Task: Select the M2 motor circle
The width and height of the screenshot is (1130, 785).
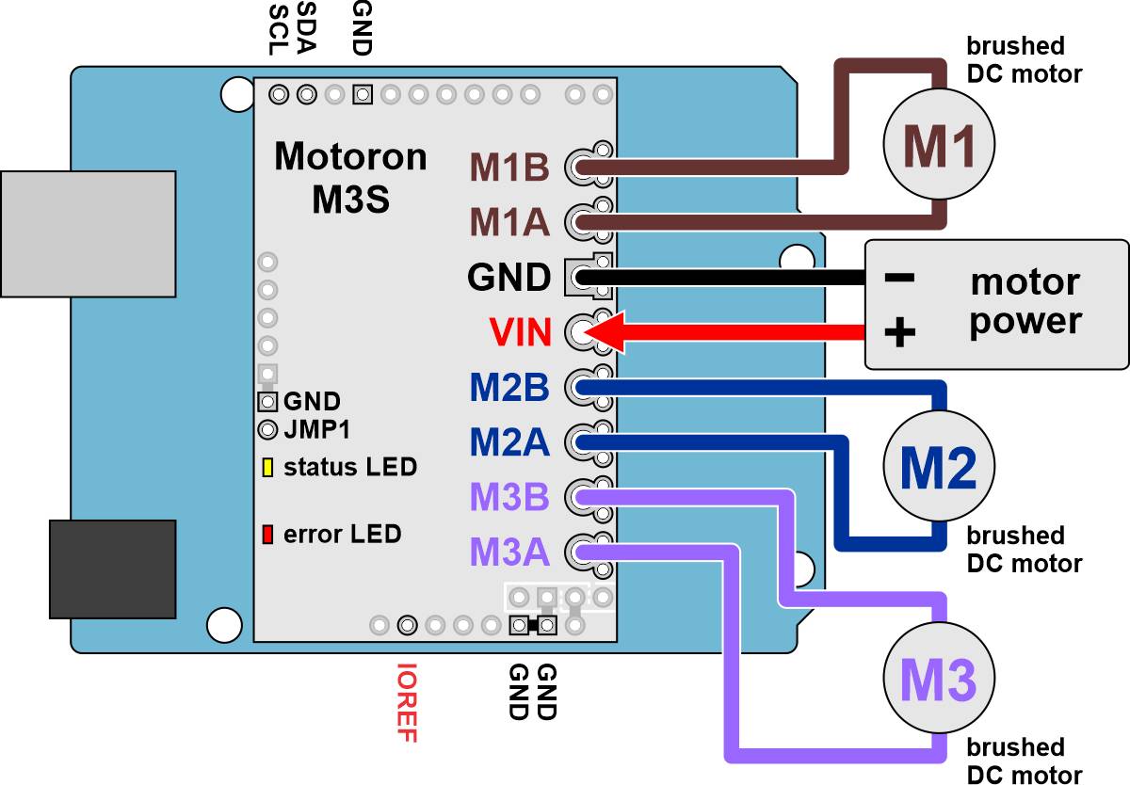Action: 938,467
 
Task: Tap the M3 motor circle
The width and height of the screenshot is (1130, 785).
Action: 938,679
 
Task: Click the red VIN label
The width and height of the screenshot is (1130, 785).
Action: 520,332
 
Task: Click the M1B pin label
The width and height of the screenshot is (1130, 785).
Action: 509,168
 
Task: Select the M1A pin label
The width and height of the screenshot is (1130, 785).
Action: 509,223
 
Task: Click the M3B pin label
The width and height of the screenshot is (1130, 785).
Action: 509,497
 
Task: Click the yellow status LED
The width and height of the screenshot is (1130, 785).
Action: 267,468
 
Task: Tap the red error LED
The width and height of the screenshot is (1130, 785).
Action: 267,535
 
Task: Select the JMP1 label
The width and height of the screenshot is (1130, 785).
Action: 316,431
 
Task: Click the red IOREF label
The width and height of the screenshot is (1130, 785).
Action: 407,703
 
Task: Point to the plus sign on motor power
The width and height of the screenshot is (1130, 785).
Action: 900,332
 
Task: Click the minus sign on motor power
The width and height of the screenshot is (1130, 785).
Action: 900,279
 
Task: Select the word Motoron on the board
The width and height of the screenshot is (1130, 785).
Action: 350,157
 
